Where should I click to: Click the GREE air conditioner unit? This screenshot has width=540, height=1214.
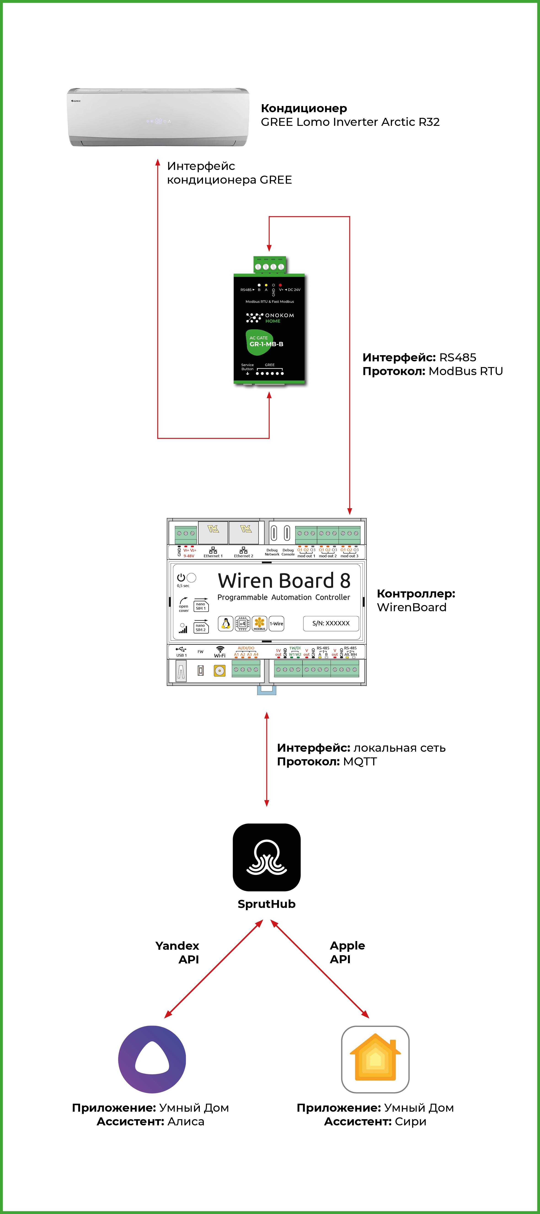click(158, 117)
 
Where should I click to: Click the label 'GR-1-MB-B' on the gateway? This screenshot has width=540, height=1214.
click(267, 344)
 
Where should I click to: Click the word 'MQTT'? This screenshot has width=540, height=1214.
click(360, 762)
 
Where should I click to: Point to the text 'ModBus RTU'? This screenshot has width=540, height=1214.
click(465, 371)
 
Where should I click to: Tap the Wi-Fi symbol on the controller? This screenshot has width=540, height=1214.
click(220, 649)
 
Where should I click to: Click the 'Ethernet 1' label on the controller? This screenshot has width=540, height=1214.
click(213, 556)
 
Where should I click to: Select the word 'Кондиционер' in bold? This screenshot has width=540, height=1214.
click(304, 108)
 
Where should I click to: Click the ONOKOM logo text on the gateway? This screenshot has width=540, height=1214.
click(279, 315)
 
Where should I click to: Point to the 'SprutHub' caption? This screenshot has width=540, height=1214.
click(267, 904)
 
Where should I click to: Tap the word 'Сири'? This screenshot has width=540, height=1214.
click(410, 1122)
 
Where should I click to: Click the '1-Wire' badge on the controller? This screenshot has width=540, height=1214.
click(276, 624)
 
